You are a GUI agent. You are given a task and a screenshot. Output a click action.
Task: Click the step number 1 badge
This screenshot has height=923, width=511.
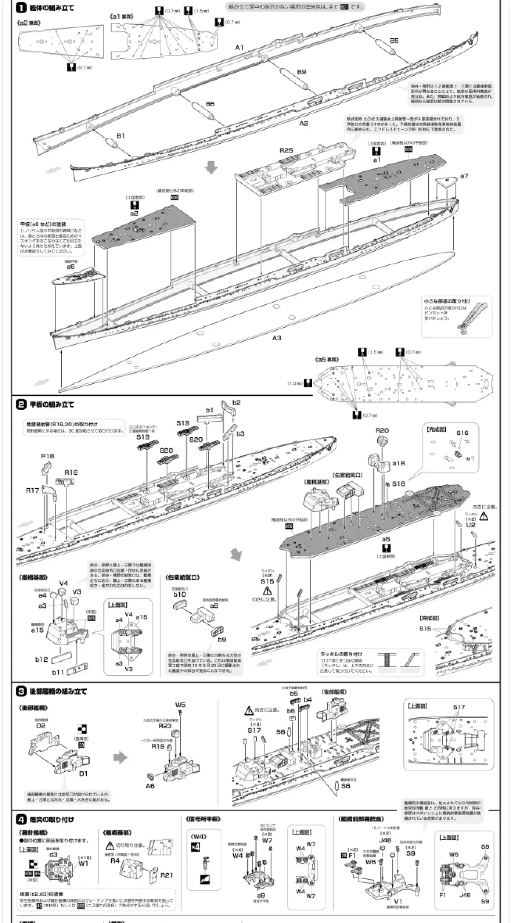click(22, 7)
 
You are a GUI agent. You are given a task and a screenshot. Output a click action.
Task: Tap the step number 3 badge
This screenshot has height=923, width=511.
click(21, 691)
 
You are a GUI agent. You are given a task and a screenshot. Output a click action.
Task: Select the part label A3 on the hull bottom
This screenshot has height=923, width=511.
click(277, 338)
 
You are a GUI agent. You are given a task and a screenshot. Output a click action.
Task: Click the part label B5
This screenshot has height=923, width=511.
click(394, 40)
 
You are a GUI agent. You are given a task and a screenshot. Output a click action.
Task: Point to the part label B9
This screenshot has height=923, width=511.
click(301, 72)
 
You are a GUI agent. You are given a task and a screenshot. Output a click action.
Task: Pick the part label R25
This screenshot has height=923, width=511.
click(286, 151)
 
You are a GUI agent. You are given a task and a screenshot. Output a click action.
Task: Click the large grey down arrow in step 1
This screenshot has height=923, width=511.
click(212, 167)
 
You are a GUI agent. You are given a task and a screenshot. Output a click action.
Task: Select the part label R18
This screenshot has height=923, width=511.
click(47, 456)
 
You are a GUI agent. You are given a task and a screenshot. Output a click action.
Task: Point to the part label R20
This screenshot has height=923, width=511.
click(382, 430)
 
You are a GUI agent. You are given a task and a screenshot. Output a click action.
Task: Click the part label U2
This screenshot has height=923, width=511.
click(470, 525)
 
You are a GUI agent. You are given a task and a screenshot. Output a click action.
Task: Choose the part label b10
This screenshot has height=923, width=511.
click(180, 594)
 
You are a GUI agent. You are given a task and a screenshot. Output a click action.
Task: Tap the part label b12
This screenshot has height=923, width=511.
click(41, 659)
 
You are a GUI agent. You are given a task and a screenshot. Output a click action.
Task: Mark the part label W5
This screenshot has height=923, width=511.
click(180, 705)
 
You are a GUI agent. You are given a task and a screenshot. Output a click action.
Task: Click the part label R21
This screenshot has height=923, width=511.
click(167, 875)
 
